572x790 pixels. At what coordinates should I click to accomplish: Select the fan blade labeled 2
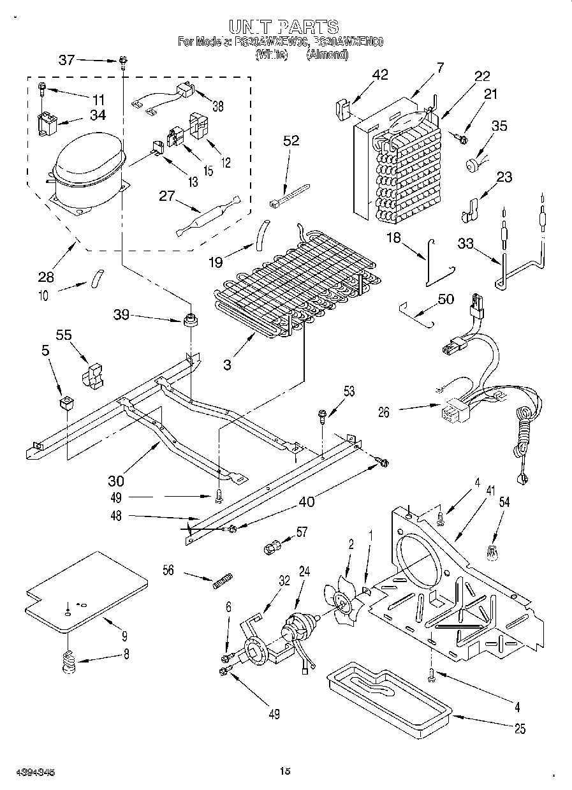click(x=345, y=597)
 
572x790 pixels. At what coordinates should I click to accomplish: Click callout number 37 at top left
click(x=67, y=61)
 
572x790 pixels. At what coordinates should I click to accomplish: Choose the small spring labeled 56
click(x=220, y=582)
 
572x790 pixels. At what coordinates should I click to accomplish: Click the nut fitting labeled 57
click(x=271, y=546)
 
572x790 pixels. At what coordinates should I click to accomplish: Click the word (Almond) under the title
click(x=326, y=55)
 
